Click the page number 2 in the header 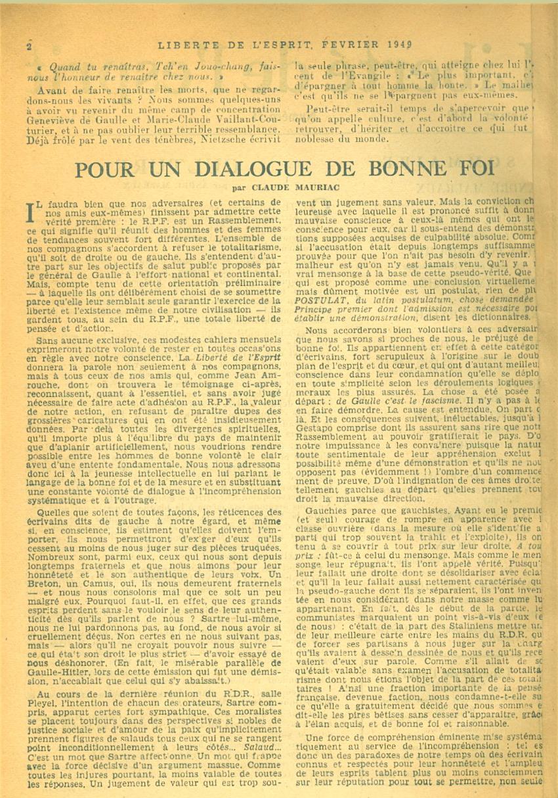(30, 47)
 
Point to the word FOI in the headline (471, 169)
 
